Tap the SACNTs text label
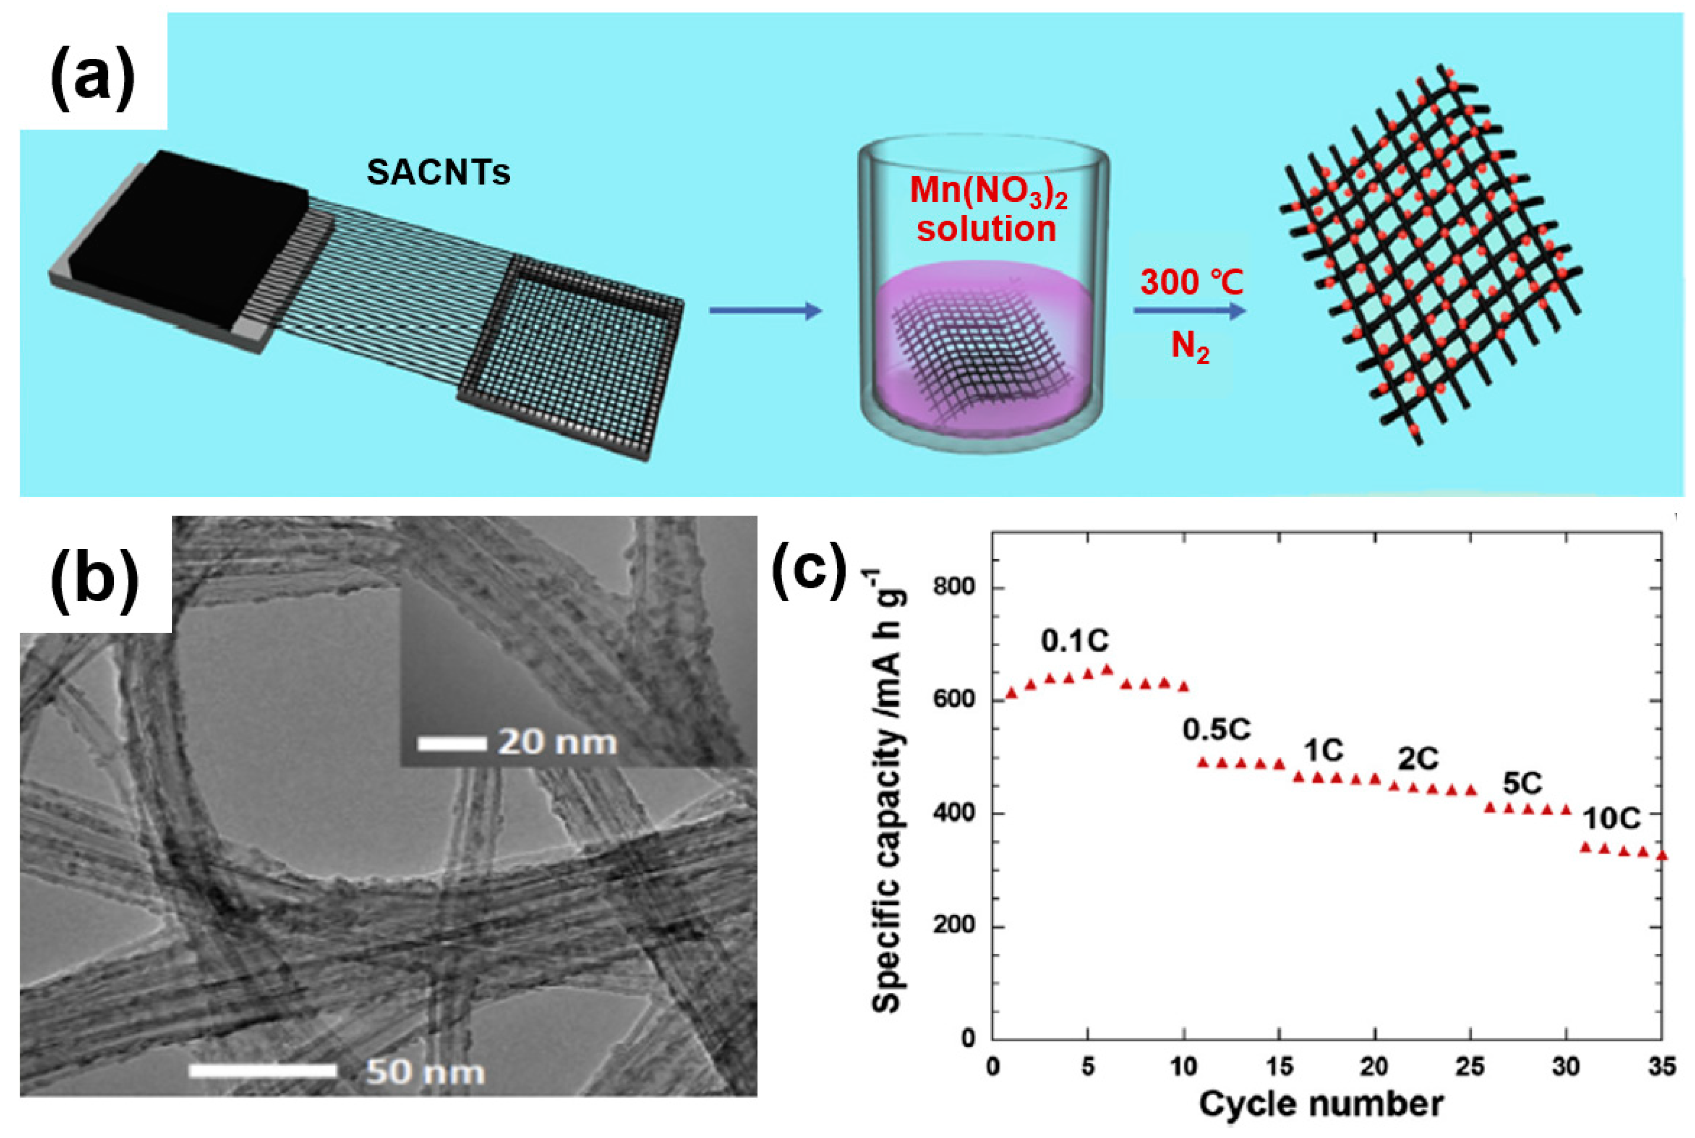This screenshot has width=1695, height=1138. pyautogui.click(x=439, y=173)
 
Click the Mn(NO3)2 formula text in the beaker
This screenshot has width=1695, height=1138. pyautogui.click(x=988, y=191)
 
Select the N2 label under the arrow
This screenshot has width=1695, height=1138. pyautogui.click(x=1190, y=347)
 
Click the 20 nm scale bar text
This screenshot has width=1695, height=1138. pyautogui.click(x=557, y=742)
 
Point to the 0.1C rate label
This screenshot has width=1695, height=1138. pyautogui.click(x=1075, y=641)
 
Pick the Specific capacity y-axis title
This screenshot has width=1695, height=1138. pyautogui.click(x=887, y=791)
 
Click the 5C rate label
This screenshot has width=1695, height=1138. pyautogui.click(x=1522, y=783)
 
